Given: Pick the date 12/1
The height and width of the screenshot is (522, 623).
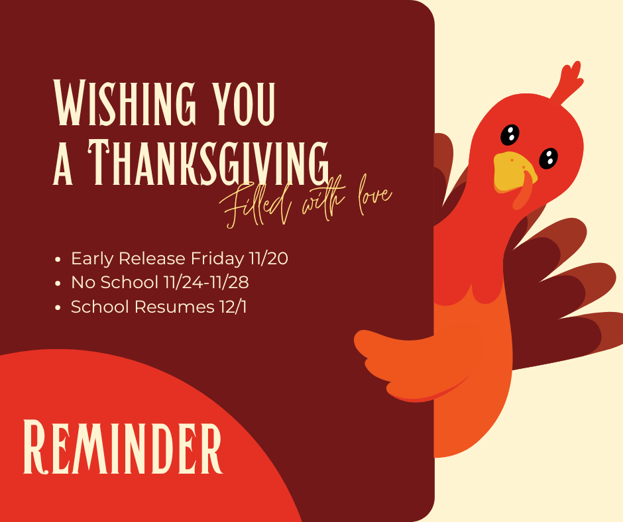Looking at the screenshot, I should coord(233,307).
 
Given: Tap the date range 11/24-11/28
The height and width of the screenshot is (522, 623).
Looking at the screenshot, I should coord(205,283).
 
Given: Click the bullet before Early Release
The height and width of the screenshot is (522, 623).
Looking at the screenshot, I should coord(59,259).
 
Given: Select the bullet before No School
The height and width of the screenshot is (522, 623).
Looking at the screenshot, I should coord(59,284).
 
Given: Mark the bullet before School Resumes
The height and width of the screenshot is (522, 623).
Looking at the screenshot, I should coord(59,308).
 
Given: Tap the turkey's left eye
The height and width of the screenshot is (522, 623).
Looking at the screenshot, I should coord(509,134).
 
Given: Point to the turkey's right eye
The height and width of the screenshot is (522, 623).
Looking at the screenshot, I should coord(548,158).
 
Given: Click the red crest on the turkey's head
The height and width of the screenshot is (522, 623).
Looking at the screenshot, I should coord(568,82).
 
